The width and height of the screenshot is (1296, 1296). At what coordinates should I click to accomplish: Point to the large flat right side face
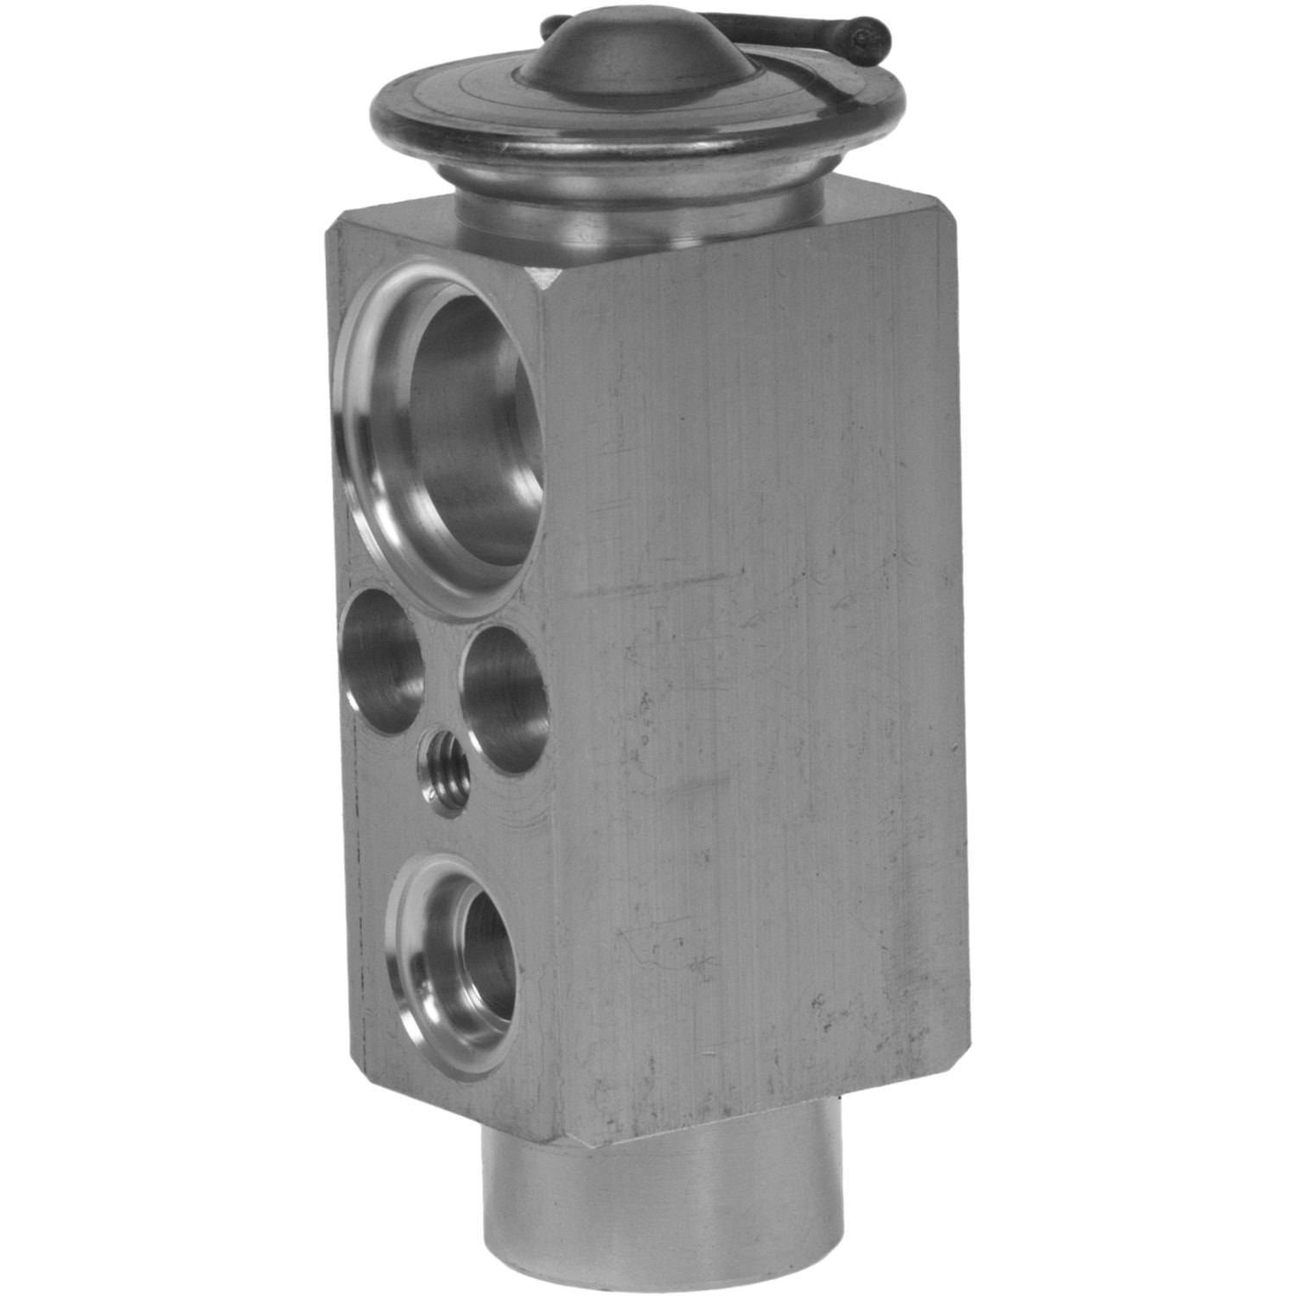pyautogui.click(x=760, y=691)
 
